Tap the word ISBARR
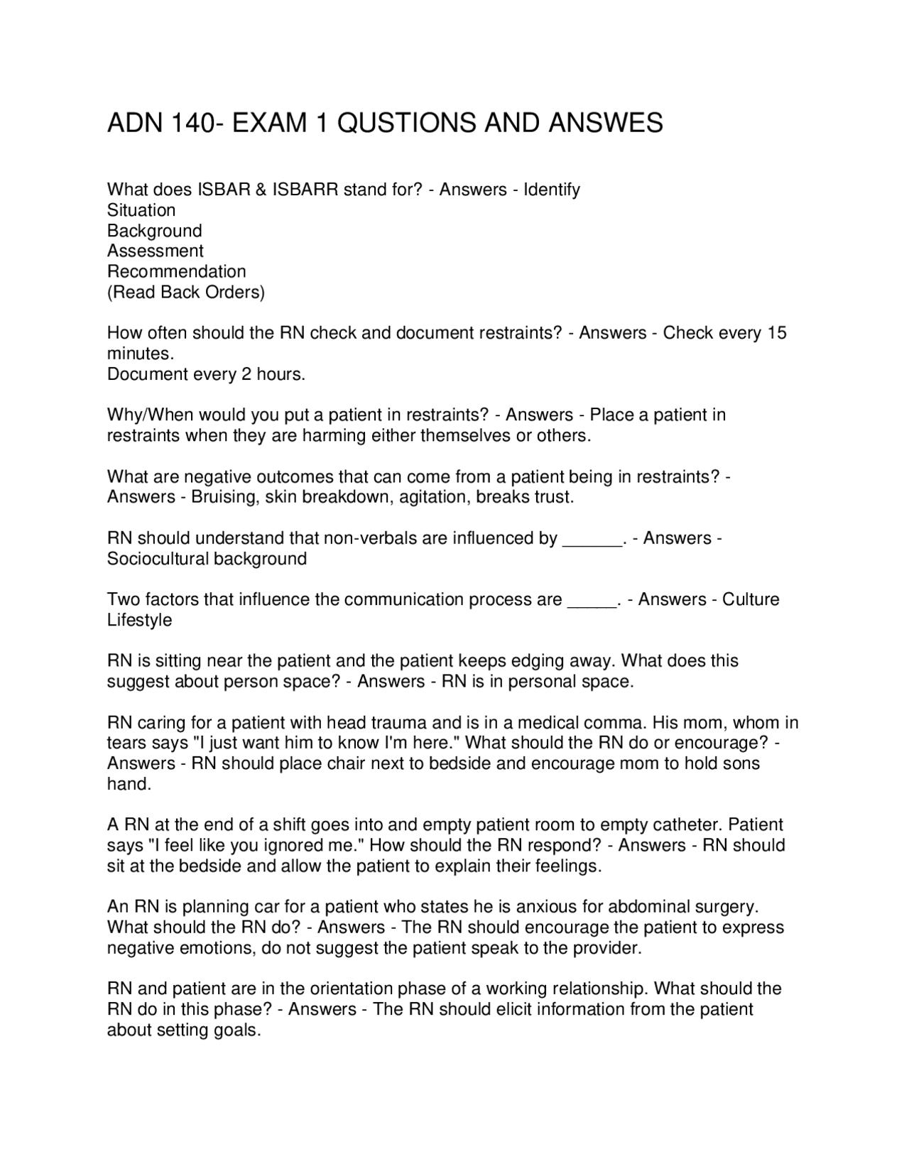[304, 190]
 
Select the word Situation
[141, 210]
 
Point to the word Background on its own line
[155, 231]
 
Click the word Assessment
[156, 251]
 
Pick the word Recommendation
[177, 271]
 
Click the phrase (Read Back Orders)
[186, 292]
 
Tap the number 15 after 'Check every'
[777, 333]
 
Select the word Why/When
[150, 415]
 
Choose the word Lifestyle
[140, 620]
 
